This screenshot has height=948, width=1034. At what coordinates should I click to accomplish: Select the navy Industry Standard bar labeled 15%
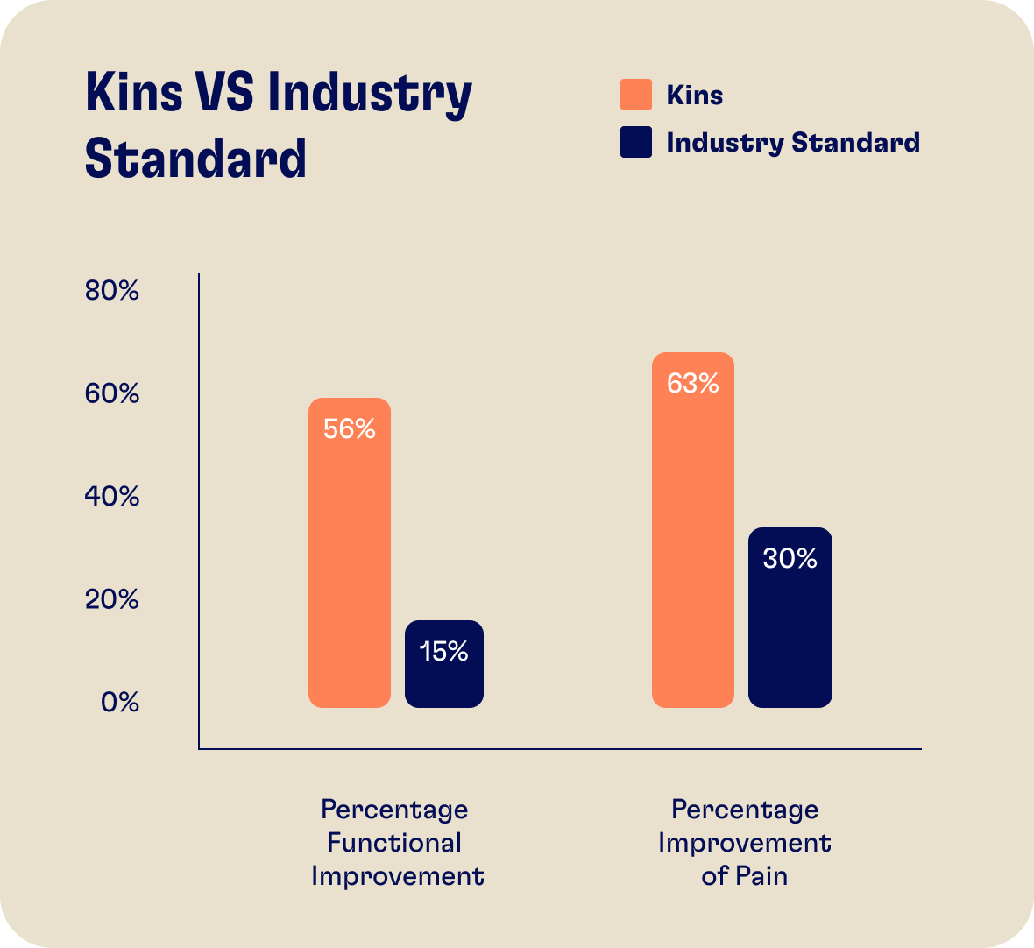point(443,679)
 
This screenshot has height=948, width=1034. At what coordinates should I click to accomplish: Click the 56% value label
point(350,429)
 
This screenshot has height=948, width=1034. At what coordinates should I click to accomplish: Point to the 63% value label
point(693,384)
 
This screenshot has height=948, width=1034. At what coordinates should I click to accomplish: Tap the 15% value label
point(443,652)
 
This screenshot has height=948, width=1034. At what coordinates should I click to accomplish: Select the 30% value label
point(790,559)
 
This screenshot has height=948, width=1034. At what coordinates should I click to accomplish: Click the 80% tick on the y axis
point(112,291)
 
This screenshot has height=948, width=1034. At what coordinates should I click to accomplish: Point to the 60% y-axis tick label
point(112,394)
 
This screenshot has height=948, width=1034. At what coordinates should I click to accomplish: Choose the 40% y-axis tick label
point(112,497)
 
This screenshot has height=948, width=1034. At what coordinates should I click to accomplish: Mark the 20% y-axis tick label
point(112,600)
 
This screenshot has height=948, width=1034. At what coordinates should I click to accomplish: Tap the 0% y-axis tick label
point(120,703)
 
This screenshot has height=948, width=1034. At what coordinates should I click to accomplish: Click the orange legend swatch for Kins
point(636,95)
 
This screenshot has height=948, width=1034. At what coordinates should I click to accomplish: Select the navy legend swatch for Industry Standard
point(636,142)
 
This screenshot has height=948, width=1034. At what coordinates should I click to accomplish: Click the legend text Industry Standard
point(793,143)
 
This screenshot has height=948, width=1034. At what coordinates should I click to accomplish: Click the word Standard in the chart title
point(196,159)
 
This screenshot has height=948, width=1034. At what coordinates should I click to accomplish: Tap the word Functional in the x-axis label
point(394,843)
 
